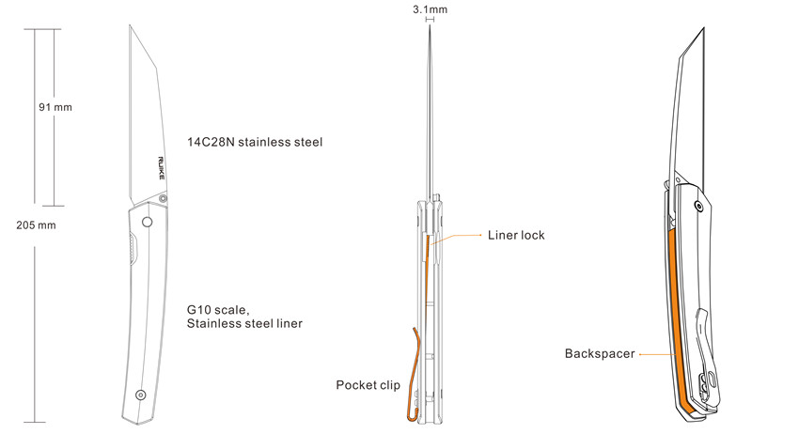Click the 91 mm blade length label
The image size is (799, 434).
pyautogui.click(x=55, y=107)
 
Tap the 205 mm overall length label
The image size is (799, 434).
pyautogui.click(x=36, y=225)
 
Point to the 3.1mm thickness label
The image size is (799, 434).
pyautogui.click(x=431, y=9)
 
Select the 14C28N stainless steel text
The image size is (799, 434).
pyautogui.click(x=255, y=142)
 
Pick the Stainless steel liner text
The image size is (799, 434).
pyautogui.click(x=244, y=323)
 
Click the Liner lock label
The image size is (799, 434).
pyautogui.click(x=516, y=236)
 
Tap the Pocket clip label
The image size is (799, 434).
pyautogui.click(x=368, y=385)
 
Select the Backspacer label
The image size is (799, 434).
pyautogui.click(x=600, y=353)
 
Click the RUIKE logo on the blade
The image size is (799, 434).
pyautogui.click(x=161, y=167)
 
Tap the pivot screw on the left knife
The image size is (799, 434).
pyautogui.click(x=163, y=198)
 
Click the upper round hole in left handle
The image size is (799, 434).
pyautogui.click(x=148, y=222)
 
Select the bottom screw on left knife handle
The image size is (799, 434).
pyautogui.click(x=141, y=395)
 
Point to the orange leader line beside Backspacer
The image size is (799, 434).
pyautogui.click(x=658, y=354)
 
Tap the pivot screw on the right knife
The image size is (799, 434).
pyautogui.click(x=699, y=207)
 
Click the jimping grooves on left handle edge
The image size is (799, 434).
pyautogui.click(x=133, y=249)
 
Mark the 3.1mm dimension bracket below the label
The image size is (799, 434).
pyautogui.click(x=431, y=20)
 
